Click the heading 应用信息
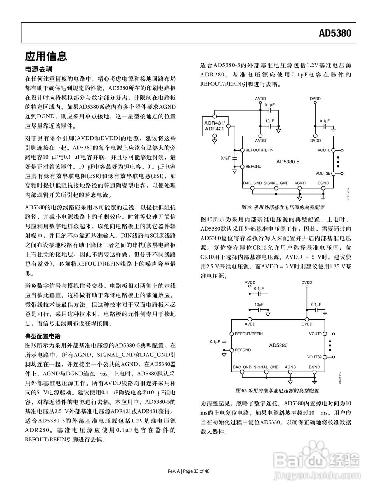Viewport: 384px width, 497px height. point(46,56)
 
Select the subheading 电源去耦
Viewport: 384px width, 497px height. point(38,70)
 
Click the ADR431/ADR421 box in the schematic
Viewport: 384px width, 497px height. point(214,126)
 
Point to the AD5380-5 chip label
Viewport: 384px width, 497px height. point(288,161)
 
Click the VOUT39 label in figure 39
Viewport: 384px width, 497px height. point(323,174)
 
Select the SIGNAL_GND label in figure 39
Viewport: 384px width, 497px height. point(276,183)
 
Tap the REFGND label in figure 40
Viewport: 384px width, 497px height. point(243,350)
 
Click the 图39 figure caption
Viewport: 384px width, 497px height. point(283,207)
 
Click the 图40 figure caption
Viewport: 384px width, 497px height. point(277,390)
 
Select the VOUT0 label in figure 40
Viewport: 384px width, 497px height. point(315,334)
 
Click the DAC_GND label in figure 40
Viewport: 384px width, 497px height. point(242,367)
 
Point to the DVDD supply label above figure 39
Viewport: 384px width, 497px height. point(315,99)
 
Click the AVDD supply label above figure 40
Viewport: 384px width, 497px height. point(250,283)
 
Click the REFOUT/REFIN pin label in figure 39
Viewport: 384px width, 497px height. point(259,150)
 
